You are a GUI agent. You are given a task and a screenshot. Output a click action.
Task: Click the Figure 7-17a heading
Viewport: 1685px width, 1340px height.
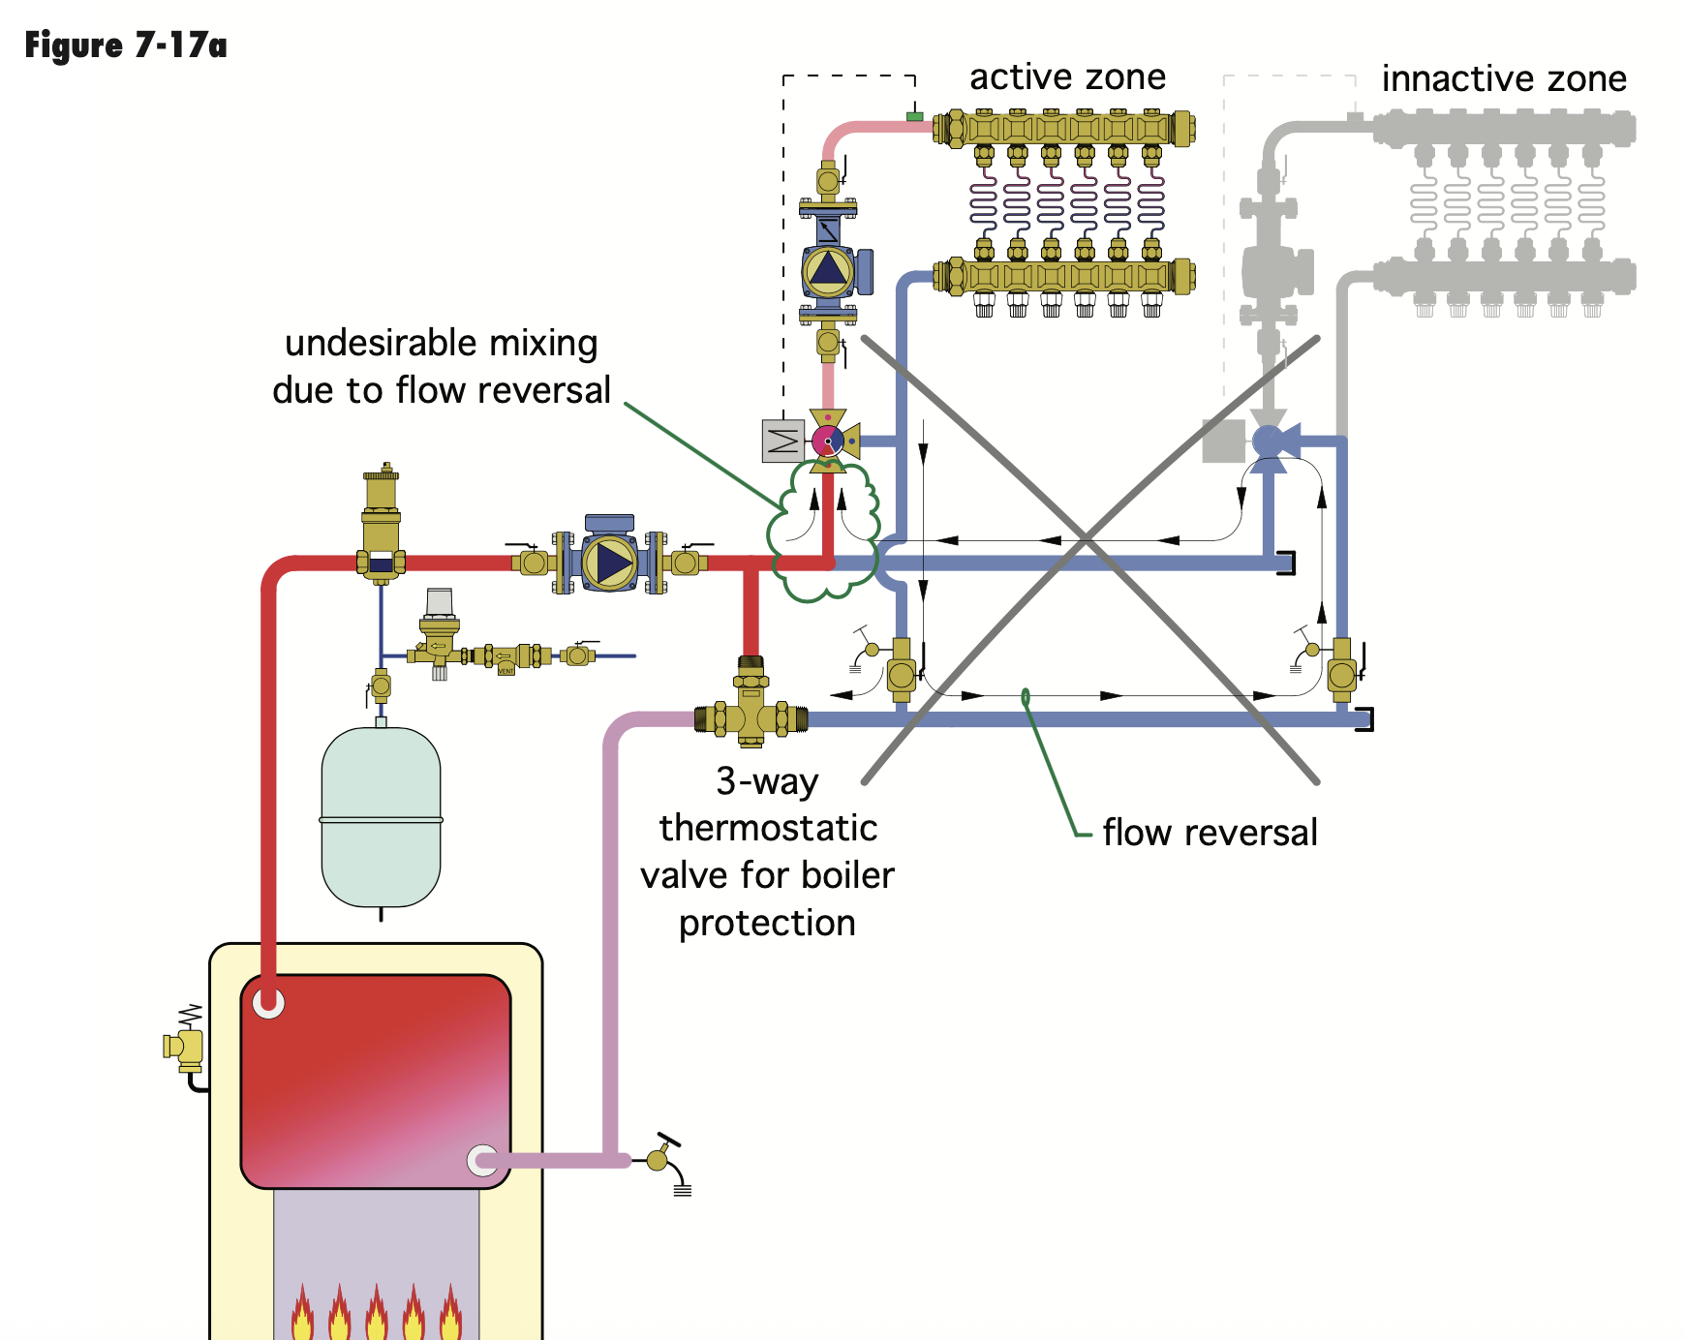tap(126, 46)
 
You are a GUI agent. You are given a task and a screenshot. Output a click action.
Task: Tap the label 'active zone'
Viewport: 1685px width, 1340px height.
tap(1067, 77)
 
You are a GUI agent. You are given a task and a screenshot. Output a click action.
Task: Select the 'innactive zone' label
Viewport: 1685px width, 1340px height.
tap(1503, 78)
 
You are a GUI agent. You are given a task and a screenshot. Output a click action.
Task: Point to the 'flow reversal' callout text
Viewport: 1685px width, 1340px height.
tap(1210, 833)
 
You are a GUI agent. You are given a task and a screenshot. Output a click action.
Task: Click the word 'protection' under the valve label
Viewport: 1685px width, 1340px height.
tap(767, 923)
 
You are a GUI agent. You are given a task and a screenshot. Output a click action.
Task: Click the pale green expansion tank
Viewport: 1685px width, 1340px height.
tap(381, 817)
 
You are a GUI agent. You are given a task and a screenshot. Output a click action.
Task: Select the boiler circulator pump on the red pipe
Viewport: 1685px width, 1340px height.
tap(609, 562)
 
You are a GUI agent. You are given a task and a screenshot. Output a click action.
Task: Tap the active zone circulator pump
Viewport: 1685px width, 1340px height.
tap(828, 270)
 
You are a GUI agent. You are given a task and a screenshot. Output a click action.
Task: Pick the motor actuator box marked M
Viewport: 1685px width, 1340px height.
tap(782, 441)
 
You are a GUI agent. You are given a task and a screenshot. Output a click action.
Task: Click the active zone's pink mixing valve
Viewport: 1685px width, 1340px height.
tap(828, 442)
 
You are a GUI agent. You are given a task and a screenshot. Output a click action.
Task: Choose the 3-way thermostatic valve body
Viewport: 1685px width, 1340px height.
tap(751, 716)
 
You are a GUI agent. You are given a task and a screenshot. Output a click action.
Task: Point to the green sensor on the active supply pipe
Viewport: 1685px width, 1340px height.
tap(914, 117)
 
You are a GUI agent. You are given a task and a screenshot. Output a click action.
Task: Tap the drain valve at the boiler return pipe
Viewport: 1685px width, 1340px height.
tap(662, 1158)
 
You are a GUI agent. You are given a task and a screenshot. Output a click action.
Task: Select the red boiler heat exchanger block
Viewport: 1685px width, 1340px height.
tap(376, 1080)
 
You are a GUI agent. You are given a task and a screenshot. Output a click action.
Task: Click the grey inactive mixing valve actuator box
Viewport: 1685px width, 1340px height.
tap(1223, 441)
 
